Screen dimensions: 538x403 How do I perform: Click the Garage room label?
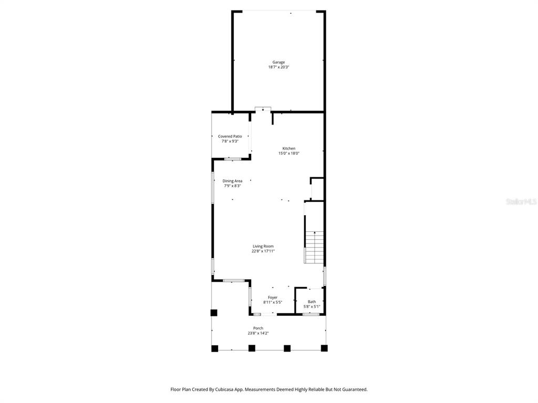[278, 62]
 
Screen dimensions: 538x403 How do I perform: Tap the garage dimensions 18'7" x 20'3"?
[278, 67]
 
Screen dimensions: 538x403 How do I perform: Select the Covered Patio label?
[230, 136]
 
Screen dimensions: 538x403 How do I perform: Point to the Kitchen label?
[289, 149]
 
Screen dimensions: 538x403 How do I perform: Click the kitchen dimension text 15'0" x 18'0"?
[289, 153]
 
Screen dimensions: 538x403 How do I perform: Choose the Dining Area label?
[232, 181]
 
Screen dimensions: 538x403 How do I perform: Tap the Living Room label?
[263, 246]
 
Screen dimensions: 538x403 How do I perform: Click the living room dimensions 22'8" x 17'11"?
[263, 251]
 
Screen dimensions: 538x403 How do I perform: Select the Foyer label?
[273, 298]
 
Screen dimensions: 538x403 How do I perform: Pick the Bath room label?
[312, 302]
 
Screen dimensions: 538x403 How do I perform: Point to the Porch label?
[258, 328]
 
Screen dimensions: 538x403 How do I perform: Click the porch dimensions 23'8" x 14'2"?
[258, 333]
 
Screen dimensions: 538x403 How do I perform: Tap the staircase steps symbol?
[314, 247]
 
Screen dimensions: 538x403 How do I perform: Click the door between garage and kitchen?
[263, 109]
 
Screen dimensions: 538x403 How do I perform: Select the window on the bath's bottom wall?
[311, 314]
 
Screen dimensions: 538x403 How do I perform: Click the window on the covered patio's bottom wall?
[233, 159]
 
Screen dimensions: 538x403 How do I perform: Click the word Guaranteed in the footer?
[356, 389]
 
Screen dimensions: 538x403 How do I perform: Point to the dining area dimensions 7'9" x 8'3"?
[232, 186]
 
